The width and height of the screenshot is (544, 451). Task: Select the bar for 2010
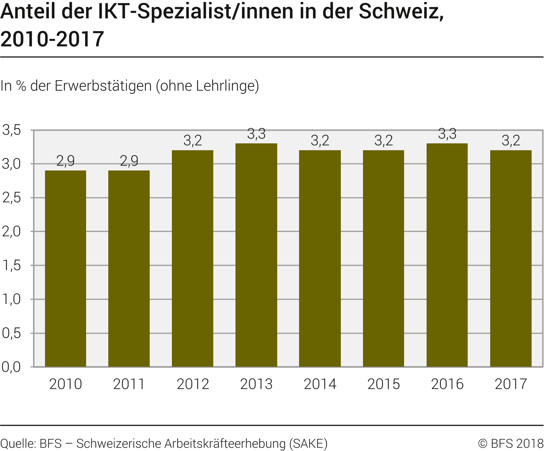(x=66, y=268)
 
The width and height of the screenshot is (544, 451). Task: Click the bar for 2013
(x=256, y=255)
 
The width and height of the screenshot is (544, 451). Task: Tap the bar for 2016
(x=447, y=255)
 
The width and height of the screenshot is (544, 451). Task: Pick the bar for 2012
(x=193, y=258)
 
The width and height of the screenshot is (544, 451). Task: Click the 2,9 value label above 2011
(x=129, y=161)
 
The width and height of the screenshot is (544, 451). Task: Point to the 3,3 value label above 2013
(x=256, y=134)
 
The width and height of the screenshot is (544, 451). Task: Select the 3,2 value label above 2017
(x=511, y=140)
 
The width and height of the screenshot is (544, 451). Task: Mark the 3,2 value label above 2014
(x=320, y=140)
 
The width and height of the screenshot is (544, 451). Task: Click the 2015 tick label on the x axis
(x=384, y=384)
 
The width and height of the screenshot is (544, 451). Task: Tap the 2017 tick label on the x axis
(x=511, y=384)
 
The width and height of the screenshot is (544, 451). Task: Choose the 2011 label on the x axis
(x=129, y=384)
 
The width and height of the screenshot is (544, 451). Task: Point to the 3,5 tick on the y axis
(x=12, y=130)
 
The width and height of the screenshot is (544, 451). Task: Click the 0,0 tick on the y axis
(x=12, y=367)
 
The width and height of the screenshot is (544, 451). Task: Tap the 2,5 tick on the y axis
(x=12, y=198)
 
